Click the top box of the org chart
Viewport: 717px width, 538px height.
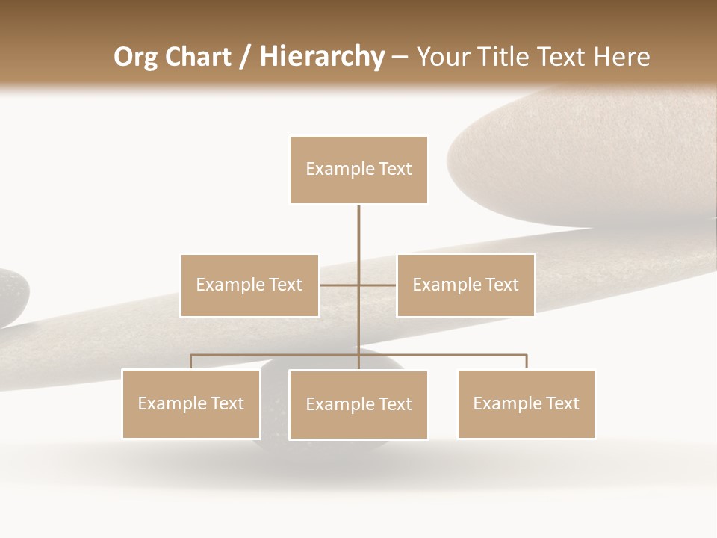[358, 170]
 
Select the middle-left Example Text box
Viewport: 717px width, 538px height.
[249, 285]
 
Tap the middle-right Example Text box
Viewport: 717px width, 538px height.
[465, 285]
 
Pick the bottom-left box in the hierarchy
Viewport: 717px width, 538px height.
[191, 403]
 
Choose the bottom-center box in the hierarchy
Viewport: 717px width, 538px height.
[358, 404]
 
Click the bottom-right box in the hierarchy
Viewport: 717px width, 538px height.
[526, 403]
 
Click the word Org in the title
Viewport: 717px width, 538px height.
[135, 57]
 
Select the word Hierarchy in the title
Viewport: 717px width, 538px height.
[321, 57]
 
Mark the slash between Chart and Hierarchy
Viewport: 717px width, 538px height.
[244, 57]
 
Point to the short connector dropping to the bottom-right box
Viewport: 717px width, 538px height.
[526, 362]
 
